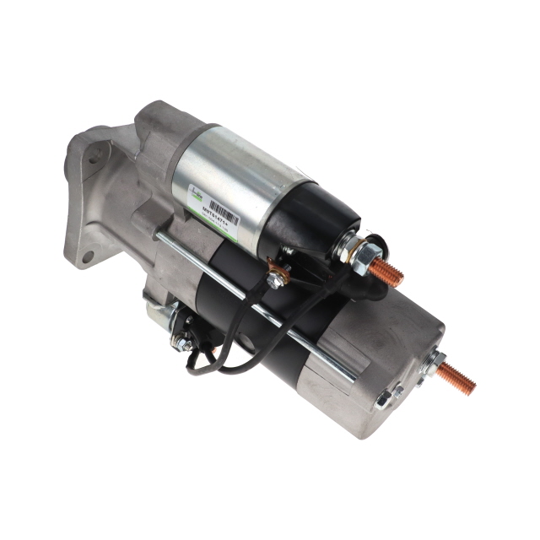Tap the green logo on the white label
[195, 193]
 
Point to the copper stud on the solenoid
[386, 272]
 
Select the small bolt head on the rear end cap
[384, 399]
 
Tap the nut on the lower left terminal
[181, 341]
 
